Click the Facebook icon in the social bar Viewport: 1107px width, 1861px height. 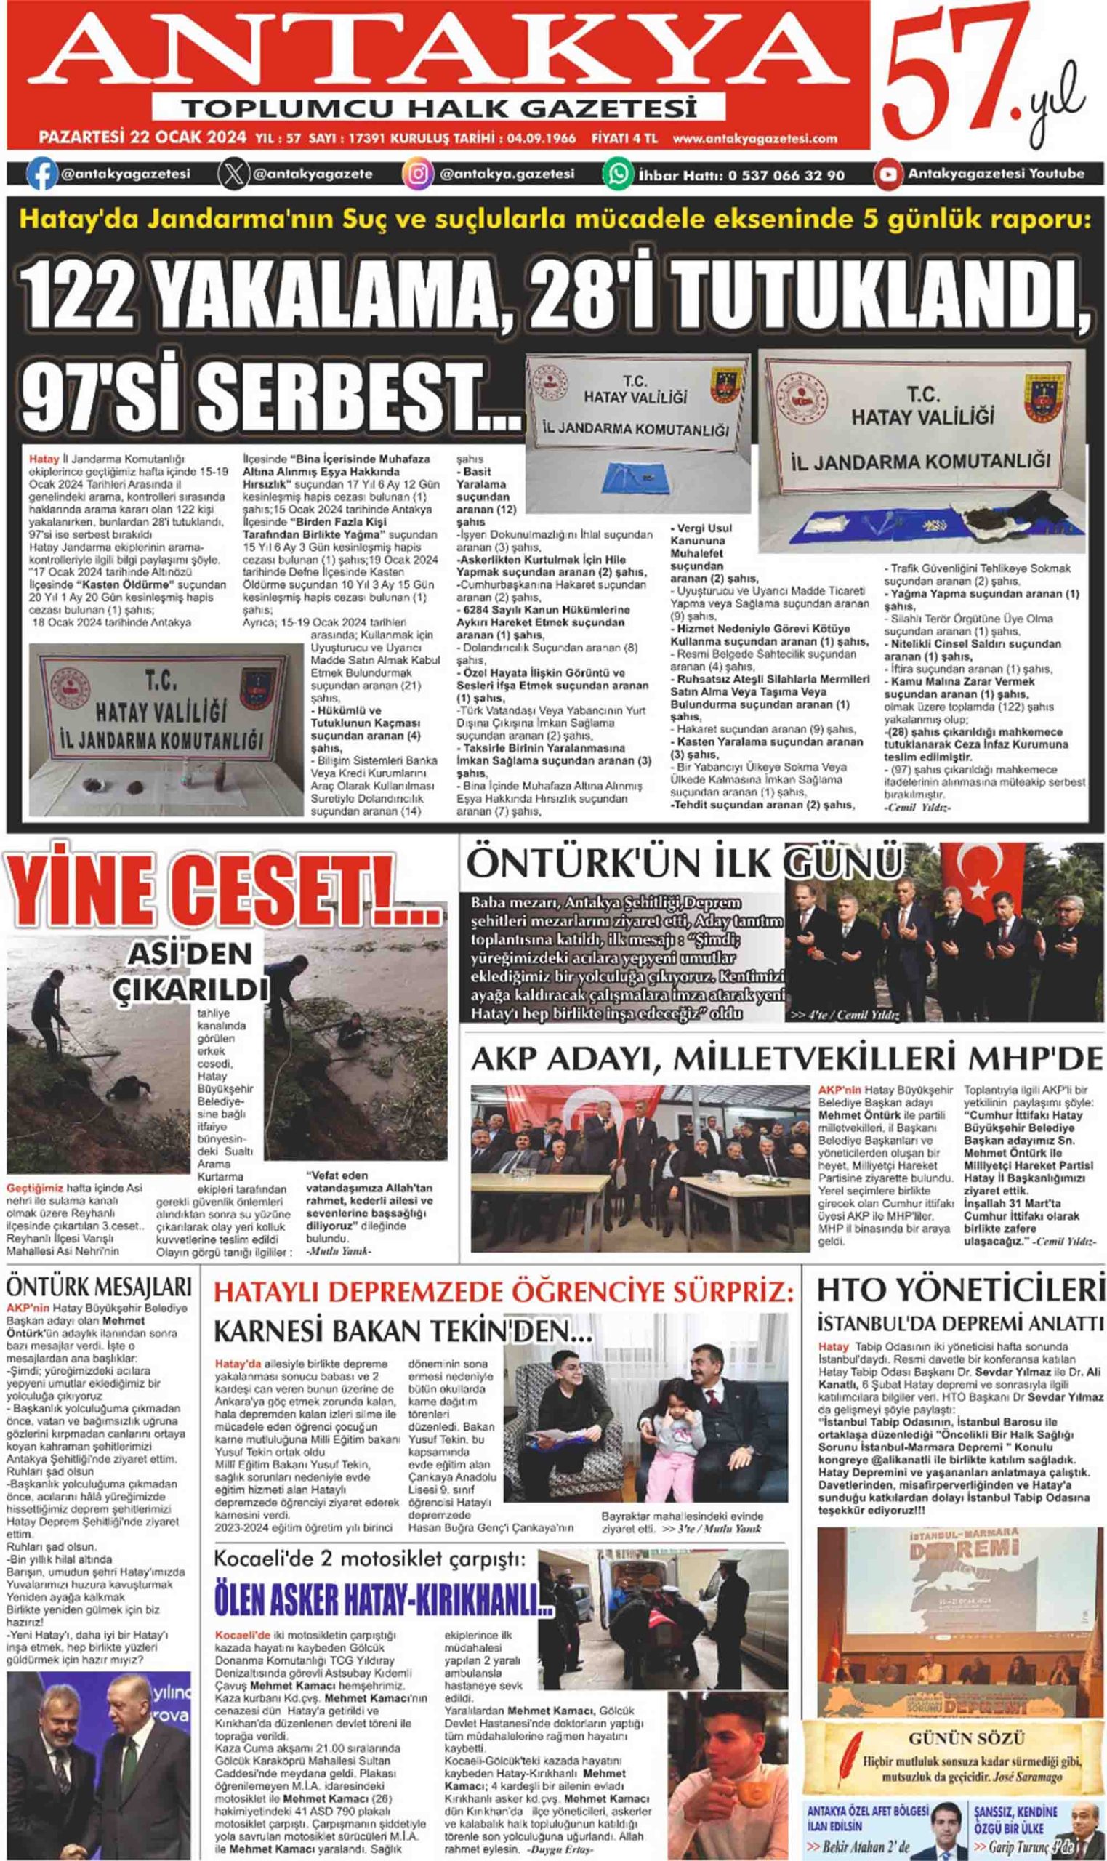[41, 174]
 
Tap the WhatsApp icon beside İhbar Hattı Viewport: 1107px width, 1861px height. [618, 174]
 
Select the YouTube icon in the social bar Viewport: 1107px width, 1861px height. [888, 174]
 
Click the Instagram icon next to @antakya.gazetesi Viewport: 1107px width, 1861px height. [419, 174]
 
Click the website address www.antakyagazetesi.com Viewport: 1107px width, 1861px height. [754, 139]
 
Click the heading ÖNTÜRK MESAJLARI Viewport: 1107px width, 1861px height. [99, 1286]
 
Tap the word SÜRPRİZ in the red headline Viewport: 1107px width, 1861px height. [722, 1290]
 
